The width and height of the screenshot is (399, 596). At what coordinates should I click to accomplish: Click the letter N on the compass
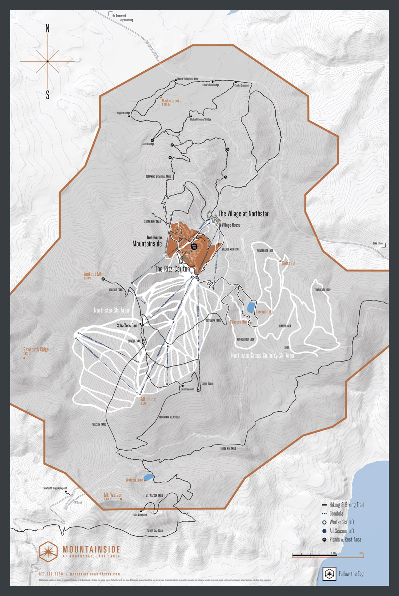(x=48, y=29)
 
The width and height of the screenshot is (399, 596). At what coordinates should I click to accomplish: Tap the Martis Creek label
(x=170, y=101)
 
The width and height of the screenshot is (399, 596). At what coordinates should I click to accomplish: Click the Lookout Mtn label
(x=93, y=274)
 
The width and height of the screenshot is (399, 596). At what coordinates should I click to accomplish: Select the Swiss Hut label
(x=288, y=263)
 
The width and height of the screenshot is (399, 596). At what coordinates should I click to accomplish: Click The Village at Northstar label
(x=243, y=214)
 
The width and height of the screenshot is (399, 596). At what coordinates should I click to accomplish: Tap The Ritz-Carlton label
(x=172, y=269)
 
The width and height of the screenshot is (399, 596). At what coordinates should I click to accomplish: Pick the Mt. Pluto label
(x=148, y=399)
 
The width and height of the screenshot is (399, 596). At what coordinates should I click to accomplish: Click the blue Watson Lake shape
(x=149, y=477)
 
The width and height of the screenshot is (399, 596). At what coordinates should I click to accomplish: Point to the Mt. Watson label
(x=113, y=495)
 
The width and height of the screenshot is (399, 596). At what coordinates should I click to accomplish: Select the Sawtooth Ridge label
(x=36, y=349)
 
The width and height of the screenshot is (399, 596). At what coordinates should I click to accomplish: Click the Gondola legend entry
(x=336, y=514)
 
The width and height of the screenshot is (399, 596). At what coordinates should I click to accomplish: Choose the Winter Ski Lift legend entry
(x=341, y=522)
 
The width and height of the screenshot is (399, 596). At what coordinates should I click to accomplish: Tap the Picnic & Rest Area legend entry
(x=345, y=540)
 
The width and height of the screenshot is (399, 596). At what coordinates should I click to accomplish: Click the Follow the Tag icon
(x=329, y=574)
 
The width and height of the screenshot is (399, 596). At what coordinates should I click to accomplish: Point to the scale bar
(x=328, y=555)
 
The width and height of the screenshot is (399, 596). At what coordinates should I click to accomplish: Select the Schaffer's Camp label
(x=128, y=325)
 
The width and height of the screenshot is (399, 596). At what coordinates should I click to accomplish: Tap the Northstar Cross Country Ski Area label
(x=262, y=355)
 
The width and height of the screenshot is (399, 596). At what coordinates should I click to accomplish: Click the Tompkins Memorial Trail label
(x=158, y=177)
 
